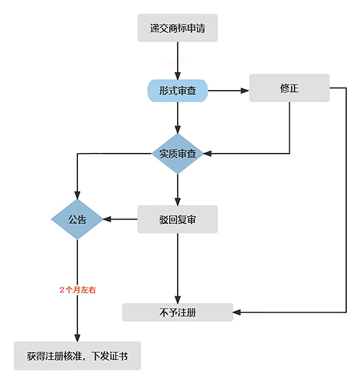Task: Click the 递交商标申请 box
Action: click(178, 28)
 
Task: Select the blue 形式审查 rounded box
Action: click(178, 91)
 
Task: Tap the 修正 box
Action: click(289, 88)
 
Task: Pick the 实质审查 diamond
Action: click(178, 154)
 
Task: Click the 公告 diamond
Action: click(77, 219)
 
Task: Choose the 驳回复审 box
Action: click(178, 219)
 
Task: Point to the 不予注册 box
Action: click(178, 312)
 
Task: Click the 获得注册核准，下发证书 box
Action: click(77, 356)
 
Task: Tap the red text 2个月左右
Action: click(77, 290)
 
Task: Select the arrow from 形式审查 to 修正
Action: click(228, 91)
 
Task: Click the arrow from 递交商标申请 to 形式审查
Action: click(178, 60)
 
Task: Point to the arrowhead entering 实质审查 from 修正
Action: click(209, 154)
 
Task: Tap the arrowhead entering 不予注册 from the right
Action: click(237, 312)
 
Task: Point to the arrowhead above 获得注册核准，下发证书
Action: click(77, 337)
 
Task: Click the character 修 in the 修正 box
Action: click(284, 88)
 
